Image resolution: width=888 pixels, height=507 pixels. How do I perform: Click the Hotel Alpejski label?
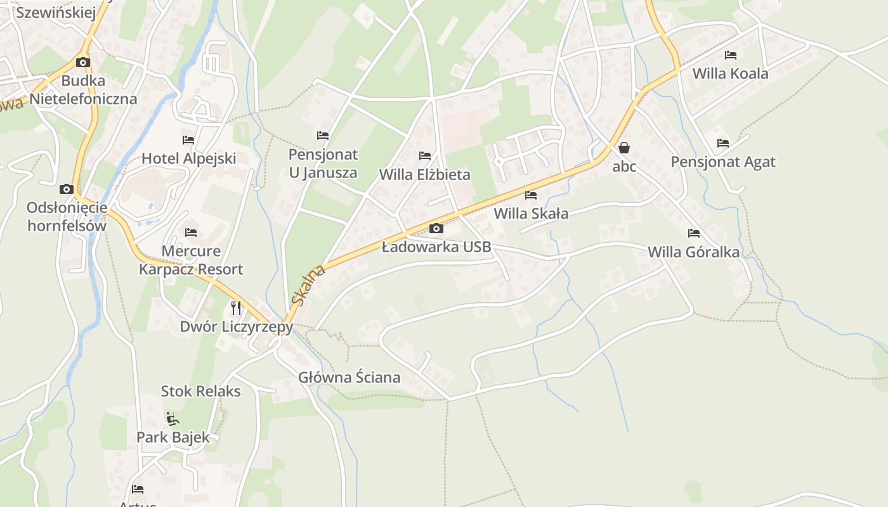[x=188, y=158]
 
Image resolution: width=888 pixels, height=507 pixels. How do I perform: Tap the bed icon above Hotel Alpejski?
[x=188, y=139]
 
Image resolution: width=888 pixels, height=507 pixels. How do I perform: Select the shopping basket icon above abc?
[x=624, y=148]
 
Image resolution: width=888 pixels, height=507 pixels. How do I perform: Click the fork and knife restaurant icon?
[x=236, y=308]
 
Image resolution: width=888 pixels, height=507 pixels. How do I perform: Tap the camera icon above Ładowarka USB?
[x=436, y=228]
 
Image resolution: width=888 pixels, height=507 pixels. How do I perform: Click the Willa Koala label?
[x=730, y=74]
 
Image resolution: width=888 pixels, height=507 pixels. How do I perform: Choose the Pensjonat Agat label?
[x=723, y=162]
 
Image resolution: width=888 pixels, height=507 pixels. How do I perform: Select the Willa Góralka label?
[x=693, y=252]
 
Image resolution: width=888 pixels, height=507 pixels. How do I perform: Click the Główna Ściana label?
[x=349, y=378]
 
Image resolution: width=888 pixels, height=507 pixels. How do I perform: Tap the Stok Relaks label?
[x=200, y=391]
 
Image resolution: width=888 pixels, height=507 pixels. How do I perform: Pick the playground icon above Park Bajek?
[x=172, y=418]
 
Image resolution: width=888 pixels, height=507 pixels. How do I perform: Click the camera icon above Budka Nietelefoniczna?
[x=83, y=62]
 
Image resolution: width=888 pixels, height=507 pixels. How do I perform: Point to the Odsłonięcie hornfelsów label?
[x=67, y=217]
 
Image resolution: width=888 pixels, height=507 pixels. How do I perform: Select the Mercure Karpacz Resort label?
[x=191, y=260]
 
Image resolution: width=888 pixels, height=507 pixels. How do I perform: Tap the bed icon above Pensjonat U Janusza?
[x=323, y=135]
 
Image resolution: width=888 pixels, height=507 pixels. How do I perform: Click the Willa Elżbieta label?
[x=424, y=174]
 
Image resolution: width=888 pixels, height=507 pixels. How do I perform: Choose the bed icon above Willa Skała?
[x=531, y=195]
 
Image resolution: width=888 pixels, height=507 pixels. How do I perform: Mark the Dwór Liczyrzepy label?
[x=236, y=327]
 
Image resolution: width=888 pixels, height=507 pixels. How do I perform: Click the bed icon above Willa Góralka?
[x=694, y=233]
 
